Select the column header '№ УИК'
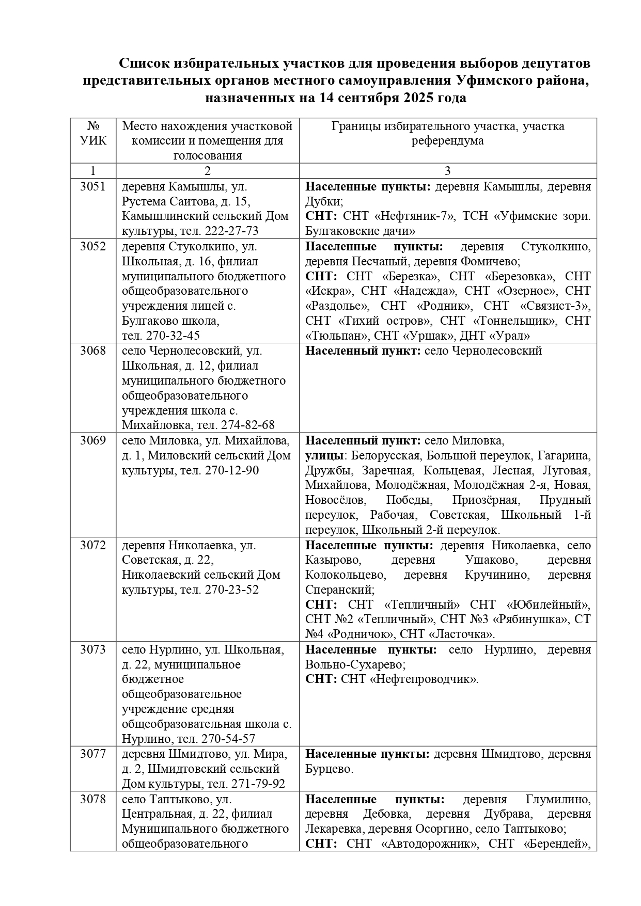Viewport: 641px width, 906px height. point(93,133)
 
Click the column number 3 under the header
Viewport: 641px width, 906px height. point(447,171)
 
